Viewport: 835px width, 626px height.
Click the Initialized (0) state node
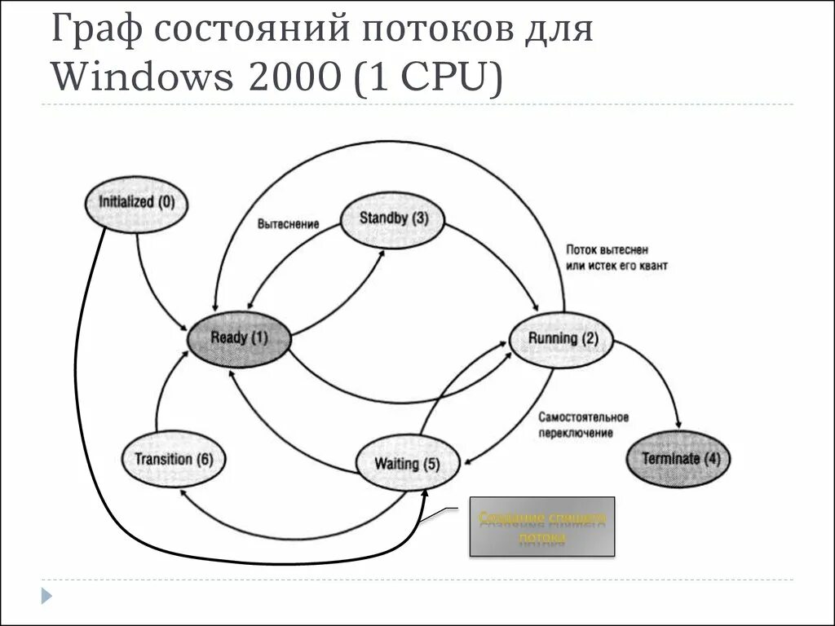point(136,201)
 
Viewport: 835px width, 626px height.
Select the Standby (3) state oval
point(393,218)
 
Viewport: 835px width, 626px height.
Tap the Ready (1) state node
point(239,337)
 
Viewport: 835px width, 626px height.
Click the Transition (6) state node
point(174,460)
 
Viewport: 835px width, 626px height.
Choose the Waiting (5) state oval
point(408,464)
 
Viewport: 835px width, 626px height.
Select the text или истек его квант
point(616,266)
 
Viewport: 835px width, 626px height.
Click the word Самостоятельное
point(583,417)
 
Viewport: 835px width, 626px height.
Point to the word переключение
point(575,434)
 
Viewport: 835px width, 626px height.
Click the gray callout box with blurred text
point(542,527)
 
